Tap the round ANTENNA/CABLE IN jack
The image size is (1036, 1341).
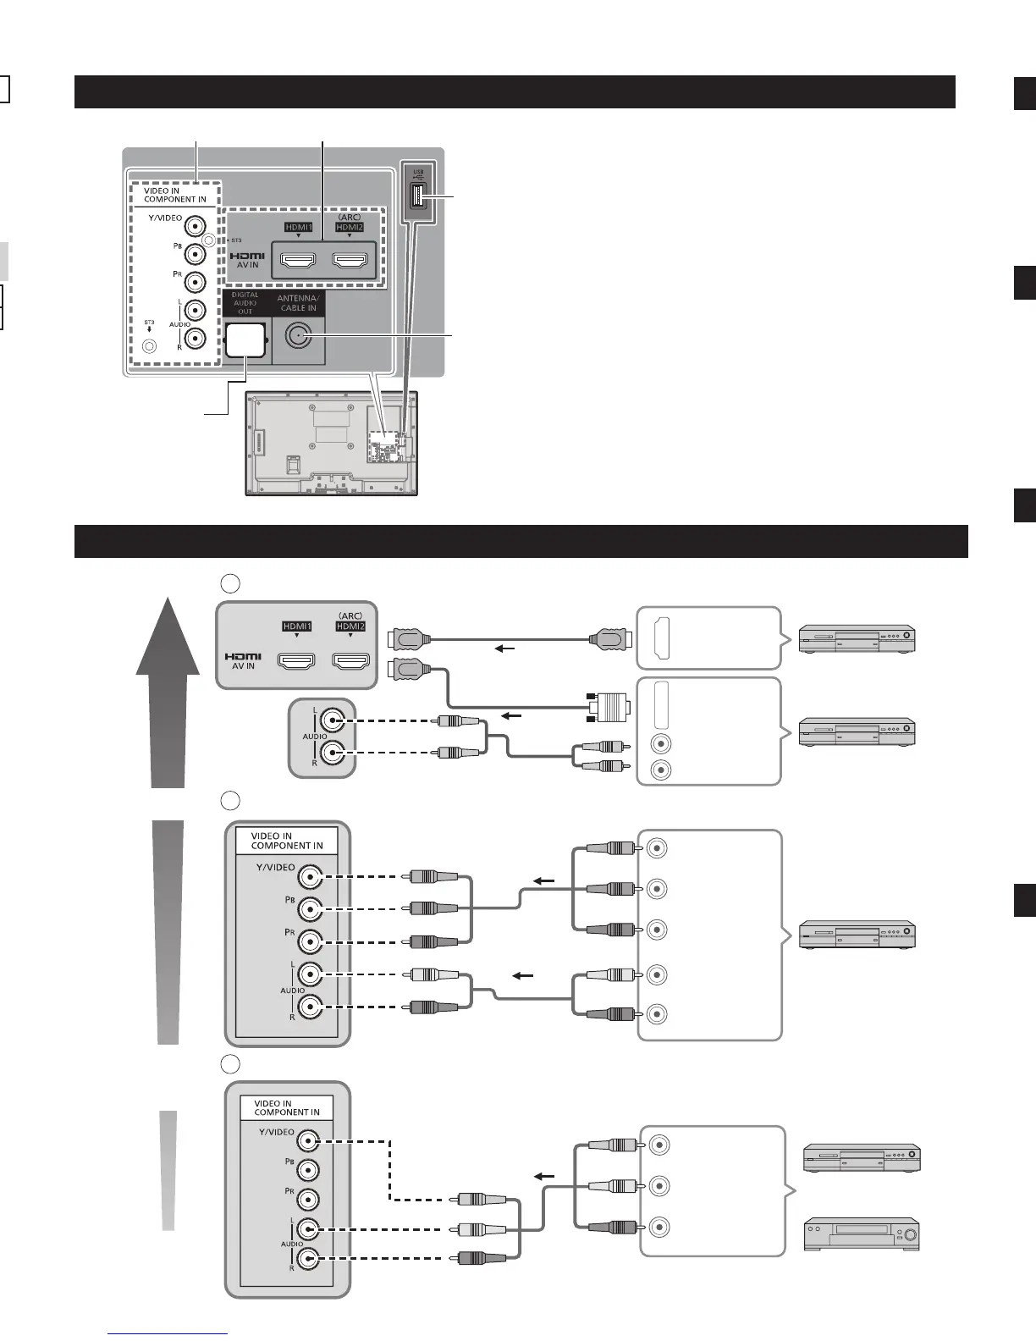(x=296, y=337)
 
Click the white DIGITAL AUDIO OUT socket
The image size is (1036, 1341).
(x=245, y=340)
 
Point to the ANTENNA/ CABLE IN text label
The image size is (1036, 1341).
(x=298, y=303)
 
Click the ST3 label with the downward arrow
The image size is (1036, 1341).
(x=149, y=324)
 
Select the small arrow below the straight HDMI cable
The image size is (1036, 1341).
(x=504, y=649)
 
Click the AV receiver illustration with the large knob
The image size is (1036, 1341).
(x=862, y=1234)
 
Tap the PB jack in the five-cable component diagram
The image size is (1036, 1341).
(x=311, y=909)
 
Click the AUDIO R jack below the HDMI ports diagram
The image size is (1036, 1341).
(x=333, y=753)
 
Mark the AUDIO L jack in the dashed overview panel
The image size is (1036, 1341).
(x=196, y=309)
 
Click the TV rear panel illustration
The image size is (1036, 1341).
(x=332, y=443)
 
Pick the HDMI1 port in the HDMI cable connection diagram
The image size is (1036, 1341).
(x=296, y=660)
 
